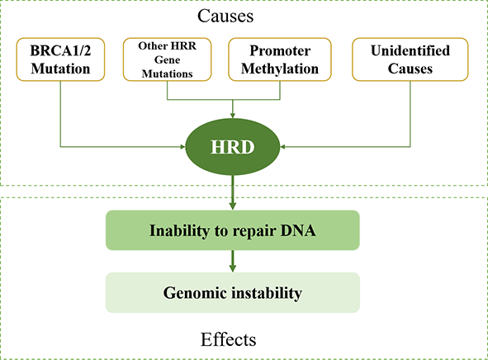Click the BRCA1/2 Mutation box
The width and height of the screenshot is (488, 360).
tap(60, 59)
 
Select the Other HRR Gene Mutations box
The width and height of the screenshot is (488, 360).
tap(167, 59)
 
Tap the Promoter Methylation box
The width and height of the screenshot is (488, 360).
tap(280, 59)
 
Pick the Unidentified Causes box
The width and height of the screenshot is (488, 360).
tap(410, 59)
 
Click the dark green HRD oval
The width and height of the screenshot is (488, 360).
tap(233, 147)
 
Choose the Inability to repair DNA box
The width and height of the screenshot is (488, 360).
tap(233, 230)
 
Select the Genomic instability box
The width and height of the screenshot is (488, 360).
tap(233, 292)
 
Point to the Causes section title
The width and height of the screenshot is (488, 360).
tap(225, 16)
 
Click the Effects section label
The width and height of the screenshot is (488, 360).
tap(228, 339)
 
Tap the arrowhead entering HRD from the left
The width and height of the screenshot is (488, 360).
tap(183, 146)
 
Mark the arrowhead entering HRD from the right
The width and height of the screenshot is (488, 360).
tap(282, 146)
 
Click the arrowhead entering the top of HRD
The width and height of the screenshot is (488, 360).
tap(233, 116)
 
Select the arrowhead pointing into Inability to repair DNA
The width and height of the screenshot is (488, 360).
tap(233, 206)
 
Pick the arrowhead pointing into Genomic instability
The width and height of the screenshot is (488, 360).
tap(233, 268)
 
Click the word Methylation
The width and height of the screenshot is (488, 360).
tap(280, 69)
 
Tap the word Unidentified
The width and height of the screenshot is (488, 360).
tap(410, 50)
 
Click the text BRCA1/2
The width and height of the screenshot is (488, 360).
tap(60, 50)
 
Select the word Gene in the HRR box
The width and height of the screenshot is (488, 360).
tap(167, 59)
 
